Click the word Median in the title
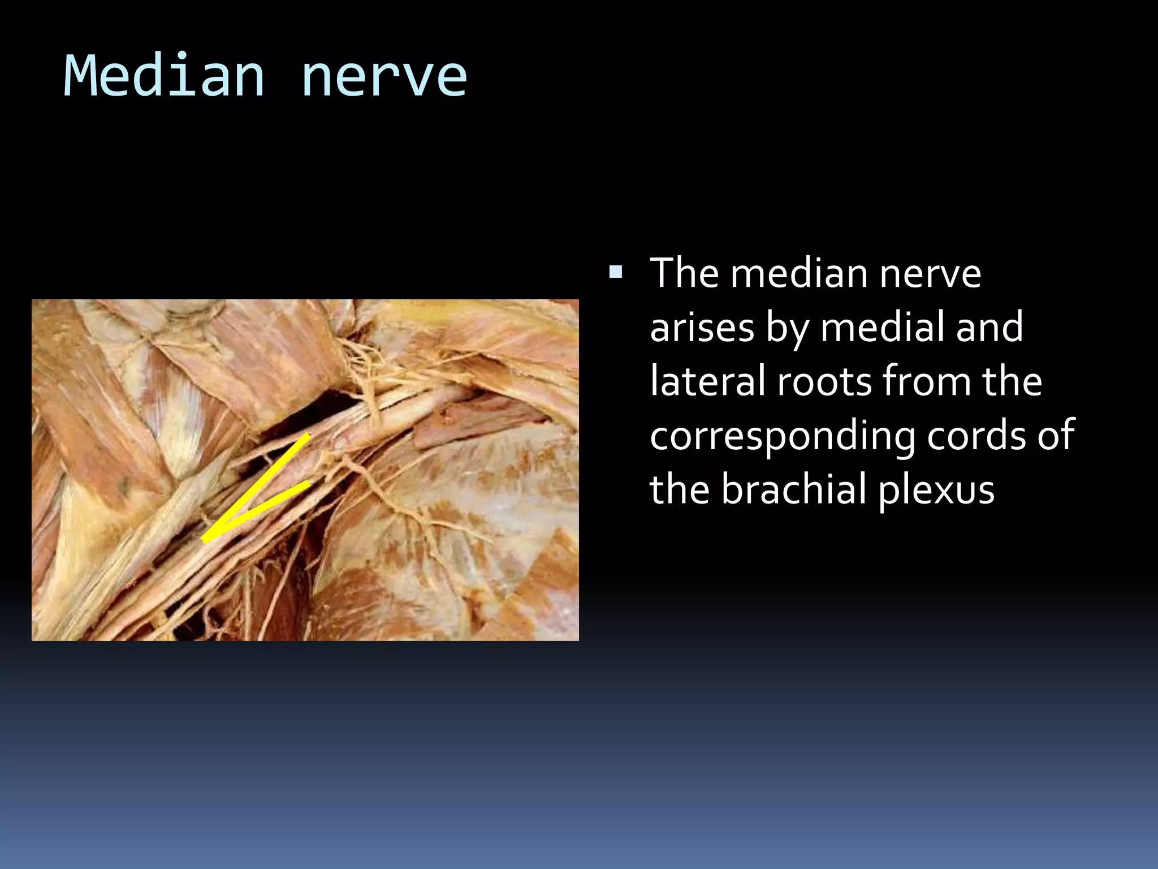[164, 76]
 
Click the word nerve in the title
[384, 76]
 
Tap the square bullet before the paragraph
[616, 274]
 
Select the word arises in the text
[702, 328]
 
